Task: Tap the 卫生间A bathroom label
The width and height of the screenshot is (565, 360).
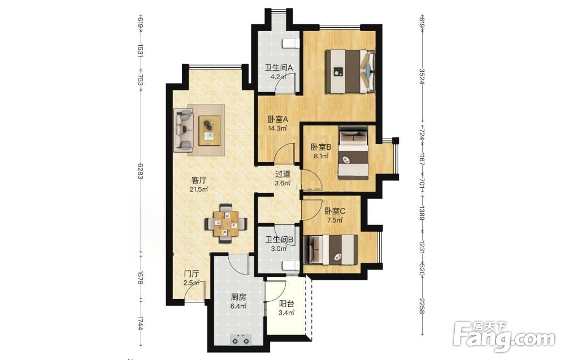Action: (279, 68)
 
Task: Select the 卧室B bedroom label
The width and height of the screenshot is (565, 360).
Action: (321, 148)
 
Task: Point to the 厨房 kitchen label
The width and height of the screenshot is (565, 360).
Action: (238, 297)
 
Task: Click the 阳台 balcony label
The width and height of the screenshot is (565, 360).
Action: (286, 304)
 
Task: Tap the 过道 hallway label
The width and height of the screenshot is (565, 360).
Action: (282, 175)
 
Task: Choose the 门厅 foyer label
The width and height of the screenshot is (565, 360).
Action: (192, 274)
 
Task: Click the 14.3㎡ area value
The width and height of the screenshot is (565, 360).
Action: (277, 128)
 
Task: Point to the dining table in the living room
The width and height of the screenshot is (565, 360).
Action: (226, 224)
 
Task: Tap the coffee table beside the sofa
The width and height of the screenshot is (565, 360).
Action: (210, 131)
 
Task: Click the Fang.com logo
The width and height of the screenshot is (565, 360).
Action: (505, 337)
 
